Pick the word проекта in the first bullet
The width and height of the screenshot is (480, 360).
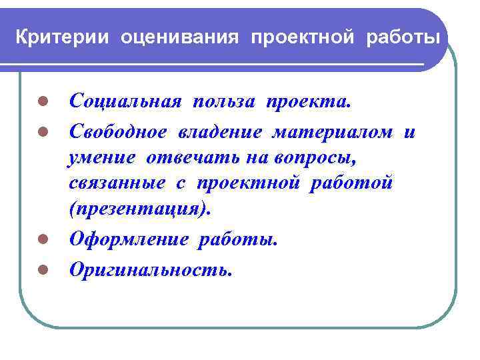tap(307, 102)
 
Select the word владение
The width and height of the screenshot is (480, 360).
tap(220, 132)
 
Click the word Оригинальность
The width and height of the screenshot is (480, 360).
tap(151, 269)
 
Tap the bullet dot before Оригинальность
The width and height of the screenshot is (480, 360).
tap(41, 269)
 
